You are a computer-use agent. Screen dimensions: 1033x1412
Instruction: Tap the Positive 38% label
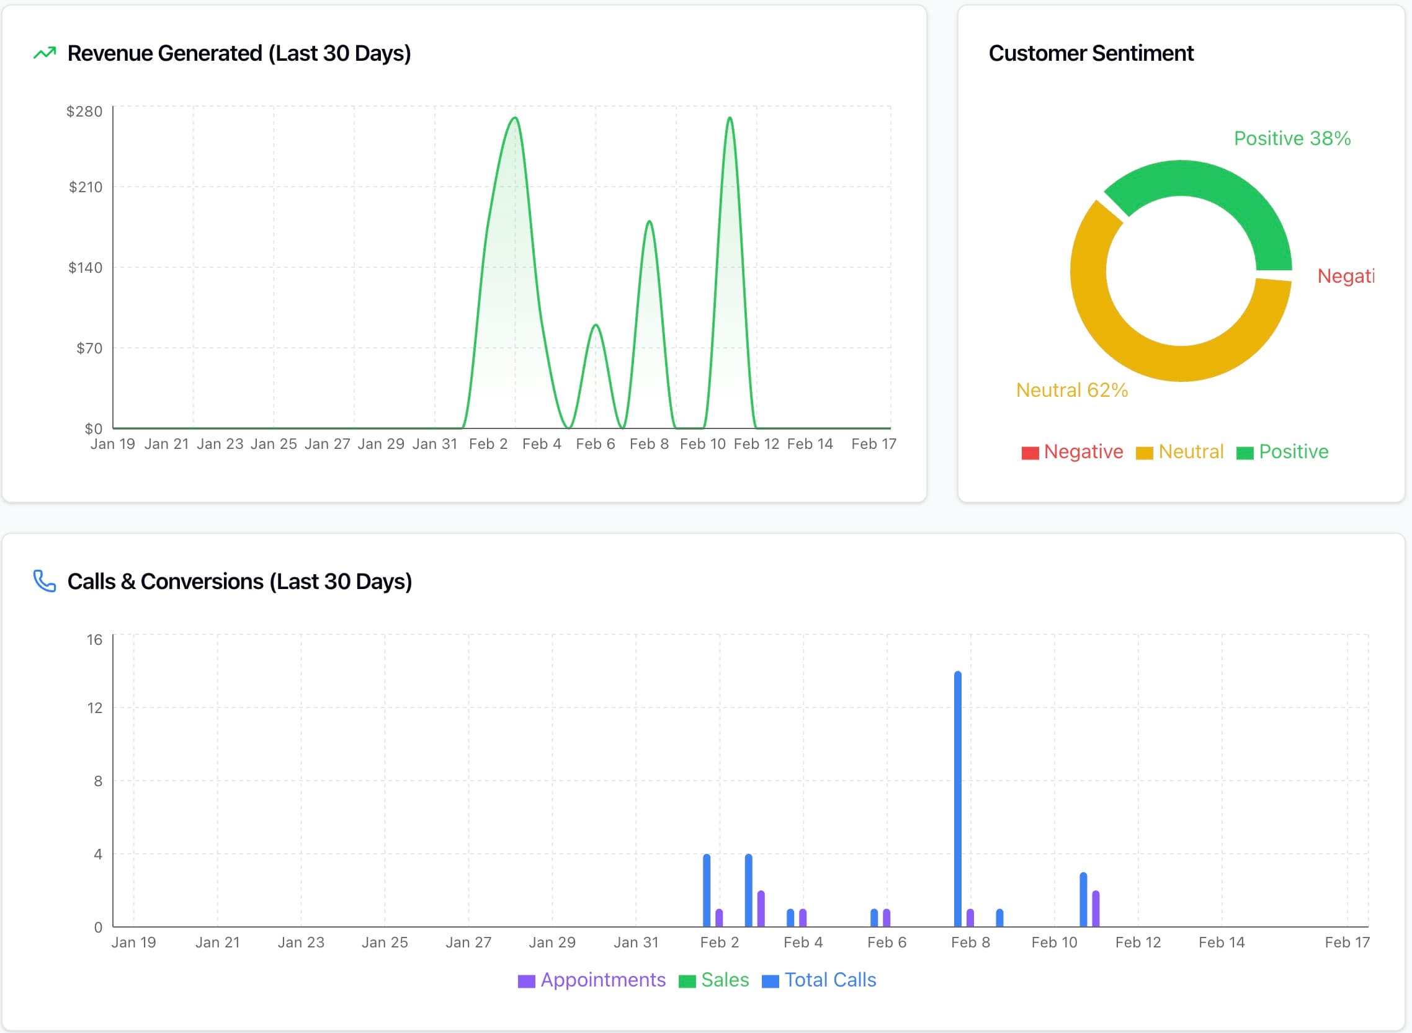coord(1292,138)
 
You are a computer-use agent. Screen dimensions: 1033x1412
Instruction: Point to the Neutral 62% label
coord(1071,390)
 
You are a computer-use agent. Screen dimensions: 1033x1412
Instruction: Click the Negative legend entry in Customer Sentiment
coord(1072,451)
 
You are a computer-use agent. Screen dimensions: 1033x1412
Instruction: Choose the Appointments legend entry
coord(592,980)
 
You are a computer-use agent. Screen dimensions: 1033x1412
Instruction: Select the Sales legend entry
coord(714,980)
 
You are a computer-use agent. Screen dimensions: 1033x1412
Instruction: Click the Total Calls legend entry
coord(819,980)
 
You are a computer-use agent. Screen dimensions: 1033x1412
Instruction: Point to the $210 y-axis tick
coord(86,187)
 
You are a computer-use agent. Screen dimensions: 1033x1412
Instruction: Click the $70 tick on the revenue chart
coord(89,348)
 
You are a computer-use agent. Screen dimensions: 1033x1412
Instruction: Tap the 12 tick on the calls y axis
coord(94,708)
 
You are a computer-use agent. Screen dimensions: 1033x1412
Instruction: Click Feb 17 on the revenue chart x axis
coord(874,444)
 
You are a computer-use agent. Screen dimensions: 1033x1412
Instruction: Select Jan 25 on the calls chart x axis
coord(385,942)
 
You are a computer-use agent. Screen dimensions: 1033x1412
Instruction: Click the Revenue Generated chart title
coord(239,53)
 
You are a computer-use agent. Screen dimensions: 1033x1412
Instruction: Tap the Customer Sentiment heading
coord(1091,53)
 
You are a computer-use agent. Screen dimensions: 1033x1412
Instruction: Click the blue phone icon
coord(45,581)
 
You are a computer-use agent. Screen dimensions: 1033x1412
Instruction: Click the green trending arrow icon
coord(45,53)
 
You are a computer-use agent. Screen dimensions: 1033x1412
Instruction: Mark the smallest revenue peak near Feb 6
coord(596,326)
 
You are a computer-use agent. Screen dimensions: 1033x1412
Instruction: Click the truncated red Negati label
coord(1345,276)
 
